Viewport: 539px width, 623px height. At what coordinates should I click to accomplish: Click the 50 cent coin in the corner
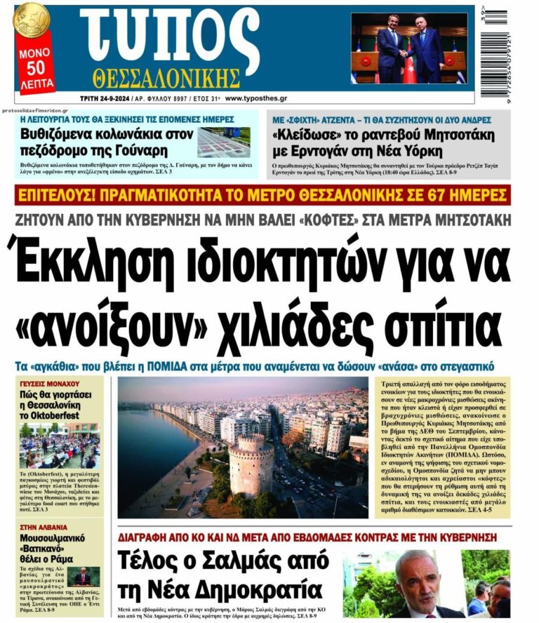point(30,20)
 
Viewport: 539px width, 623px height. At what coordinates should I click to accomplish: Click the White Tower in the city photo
point(251,463)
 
